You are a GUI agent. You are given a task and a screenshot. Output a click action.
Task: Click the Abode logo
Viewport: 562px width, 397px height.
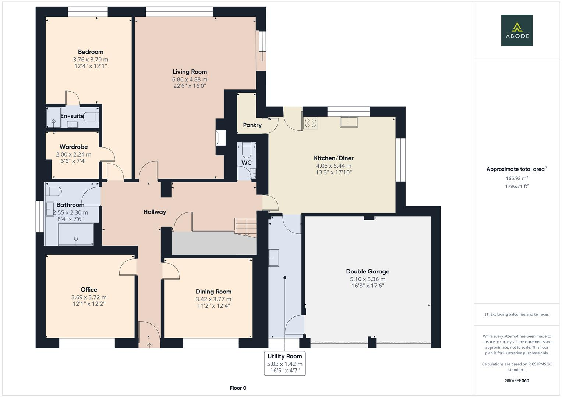[516, 30]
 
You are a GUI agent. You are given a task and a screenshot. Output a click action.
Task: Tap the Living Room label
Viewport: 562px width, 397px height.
[190, 72]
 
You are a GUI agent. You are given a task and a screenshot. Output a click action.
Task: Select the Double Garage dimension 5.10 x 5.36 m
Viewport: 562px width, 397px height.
[367, 279]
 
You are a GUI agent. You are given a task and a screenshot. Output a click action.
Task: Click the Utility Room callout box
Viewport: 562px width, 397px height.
[284, 363]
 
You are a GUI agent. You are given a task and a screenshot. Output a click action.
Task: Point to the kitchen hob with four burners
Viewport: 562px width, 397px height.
[310, 123]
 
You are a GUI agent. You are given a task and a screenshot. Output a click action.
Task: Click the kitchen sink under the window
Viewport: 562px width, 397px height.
[349, 122]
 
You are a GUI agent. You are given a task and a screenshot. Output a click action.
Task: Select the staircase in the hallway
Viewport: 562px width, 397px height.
[246, 227]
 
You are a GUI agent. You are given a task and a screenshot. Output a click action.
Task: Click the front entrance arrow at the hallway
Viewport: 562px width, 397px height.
[149, 345]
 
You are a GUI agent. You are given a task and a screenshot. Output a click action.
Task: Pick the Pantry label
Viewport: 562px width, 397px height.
[252, 125]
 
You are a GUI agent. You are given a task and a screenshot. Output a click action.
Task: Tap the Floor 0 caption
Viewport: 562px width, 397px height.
[238, 388]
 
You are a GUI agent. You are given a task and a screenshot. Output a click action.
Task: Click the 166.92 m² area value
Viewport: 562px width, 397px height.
[517, 178]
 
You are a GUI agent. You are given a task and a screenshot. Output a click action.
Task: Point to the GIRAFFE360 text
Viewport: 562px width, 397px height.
[517, 380]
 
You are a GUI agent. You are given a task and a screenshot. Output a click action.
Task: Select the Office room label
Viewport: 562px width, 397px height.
[89, 290]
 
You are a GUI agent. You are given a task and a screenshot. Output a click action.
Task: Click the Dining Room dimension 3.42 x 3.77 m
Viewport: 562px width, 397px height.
[213, 299]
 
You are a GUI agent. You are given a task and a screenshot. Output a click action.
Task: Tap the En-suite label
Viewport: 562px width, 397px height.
[72, 116]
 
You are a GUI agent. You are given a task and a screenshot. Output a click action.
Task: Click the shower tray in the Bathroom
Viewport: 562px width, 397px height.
[76, 234]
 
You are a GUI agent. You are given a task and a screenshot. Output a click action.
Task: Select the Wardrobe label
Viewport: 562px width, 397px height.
[74, 147]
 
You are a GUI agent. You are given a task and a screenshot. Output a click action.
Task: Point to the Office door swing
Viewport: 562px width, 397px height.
[128, 267]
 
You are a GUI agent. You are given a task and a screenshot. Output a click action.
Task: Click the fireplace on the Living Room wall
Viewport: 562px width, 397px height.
[220, 138]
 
